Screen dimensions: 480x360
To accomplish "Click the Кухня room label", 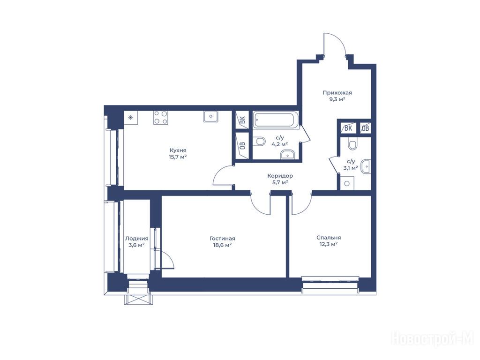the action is (178, 150).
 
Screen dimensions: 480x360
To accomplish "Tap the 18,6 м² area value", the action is (222, 245).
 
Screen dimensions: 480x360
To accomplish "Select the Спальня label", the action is (329, 238).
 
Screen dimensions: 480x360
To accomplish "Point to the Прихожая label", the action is (337, 92).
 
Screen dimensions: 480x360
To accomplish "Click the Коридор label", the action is (280, 176).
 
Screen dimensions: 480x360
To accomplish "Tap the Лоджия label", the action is (136, 239).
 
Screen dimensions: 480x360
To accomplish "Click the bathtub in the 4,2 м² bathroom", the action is (276, 120).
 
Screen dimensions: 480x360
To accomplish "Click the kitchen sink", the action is (210, 116).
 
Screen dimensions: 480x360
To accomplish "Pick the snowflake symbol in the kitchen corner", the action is (131, 117).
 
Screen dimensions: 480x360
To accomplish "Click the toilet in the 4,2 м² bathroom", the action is (259, 142).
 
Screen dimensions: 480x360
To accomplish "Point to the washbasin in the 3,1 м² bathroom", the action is (366, 166).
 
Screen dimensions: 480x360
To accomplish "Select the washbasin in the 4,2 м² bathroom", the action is (287, 155).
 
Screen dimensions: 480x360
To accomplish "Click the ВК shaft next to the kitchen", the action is (242, 120).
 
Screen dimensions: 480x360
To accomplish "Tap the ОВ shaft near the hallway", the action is (365, 128).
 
